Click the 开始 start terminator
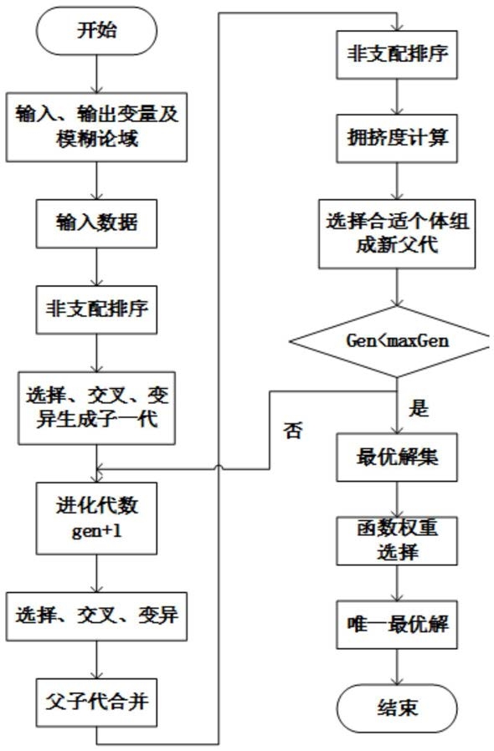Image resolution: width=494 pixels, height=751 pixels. click(x=96, y=31)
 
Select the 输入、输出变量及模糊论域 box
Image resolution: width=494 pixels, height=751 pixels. click(x=96, y=127)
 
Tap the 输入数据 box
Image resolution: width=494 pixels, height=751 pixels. click(x=96, y=223)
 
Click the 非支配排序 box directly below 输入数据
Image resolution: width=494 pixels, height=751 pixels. click(x=96, y=309)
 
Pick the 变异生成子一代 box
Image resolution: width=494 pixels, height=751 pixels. click(x=96, y=408)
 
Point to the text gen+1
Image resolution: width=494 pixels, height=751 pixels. click(x=96, y=531)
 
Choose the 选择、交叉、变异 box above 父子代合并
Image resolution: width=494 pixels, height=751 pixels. click(x=96, y=616)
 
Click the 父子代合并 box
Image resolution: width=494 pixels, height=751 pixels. click(x=96, y=702)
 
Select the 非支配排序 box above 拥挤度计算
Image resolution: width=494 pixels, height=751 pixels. click(x=397, y=54)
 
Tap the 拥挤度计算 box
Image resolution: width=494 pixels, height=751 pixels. click(x=397, y=139)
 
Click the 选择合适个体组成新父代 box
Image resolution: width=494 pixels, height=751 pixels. click(x=397, y=233)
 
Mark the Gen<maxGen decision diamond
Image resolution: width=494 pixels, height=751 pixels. click(x=397, y=341)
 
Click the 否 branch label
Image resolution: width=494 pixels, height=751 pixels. click(x=293, y=431)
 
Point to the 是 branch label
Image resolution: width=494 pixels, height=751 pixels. click(x=418, y=409)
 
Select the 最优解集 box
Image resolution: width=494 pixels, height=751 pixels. click(x=397, y=457)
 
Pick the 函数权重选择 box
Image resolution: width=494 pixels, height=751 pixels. click(x=397, y=541)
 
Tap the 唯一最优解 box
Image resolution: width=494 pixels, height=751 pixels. click(x=397, y=625)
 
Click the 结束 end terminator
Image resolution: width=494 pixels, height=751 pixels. click(x=397, y=708)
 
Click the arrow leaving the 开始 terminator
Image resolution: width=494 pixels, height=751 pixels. click(x=96, y=74)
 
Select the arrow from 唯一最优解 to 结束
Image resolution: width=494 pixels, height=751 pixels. click(x=397, y=667)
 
